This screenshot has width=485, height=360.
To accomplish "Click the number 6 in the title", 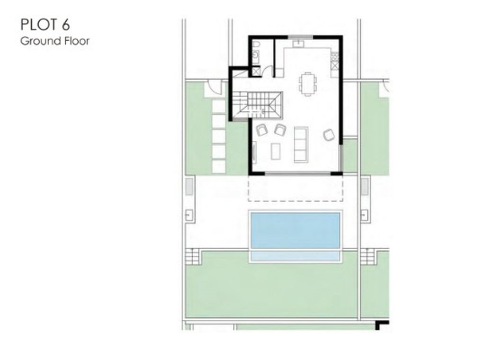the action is (x=65, y=25).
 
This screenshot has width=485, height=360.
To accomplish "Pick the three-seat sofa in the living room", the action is (x=301, y=144).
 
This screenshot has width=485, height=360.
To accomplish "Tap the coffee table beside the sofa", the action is (x=276, y=151).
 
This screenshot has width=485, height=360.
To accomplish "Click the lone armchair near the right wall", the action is (x=329, y=135).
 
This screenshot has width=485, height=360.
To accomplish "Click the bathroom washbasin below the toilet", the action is (x=255, y=56).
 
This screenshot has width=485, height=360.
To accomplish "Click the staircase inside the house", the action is (x=257, y=105).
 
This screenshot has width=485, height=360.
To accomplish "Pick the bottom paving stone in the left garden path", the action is (x=219, y=166).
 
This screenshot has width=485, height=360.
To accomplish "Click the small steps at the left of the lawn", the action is (x=192, y=256).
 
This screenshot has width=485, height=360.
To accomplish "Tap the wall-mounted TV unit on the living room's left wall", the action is (x=254, y=152).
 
